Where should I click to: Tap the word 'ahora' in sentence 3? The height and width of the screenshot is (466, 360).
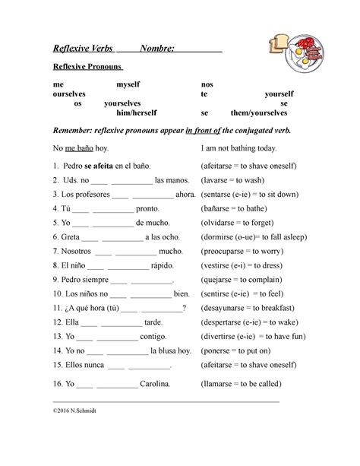coord(185,195)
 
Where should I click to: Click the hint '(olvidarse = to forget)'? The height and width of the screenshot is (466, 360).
coord(239,223)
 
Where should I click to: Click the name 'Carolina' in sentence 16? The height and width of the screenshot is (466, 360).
coord(155,385)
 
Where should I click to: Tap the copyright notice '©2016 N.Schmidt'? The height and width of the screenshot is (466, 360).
coord(80,410)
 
